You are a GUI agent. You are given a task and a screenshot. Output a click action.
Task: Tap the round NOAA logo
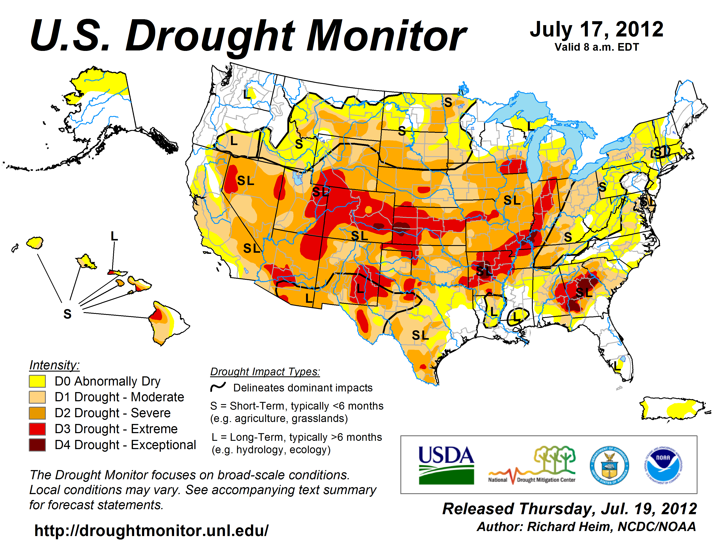pos(663,465)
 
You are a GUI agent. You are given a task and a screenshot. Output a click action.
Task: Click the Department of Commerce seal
pos(609,465)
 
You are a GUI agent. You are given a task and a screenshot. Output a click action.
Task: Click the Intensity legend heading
pos(54,365)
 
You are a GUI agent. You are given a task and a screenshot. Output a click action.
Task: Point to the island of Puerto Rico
pos(672,409)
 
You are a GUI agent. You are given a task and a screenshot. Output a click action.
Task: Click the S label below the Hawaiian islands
pos(67,314)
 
